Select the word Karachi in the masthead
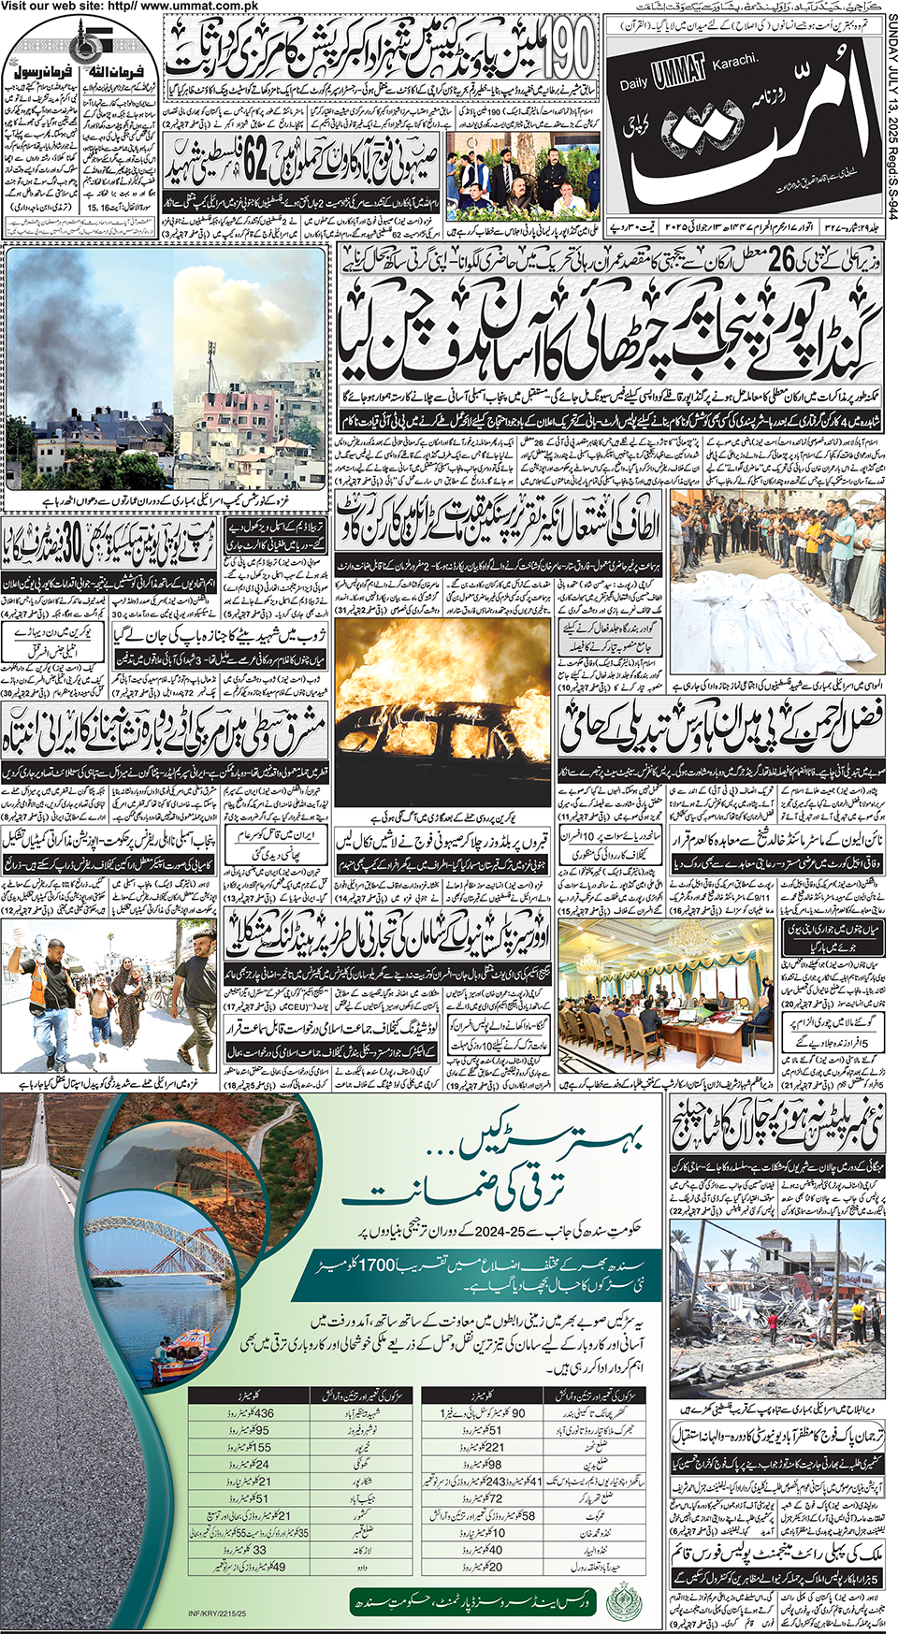[x=733, y=61]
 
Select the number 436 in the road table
[x=263, y=1413]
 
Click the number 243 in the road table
[x=494, y=1481]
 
